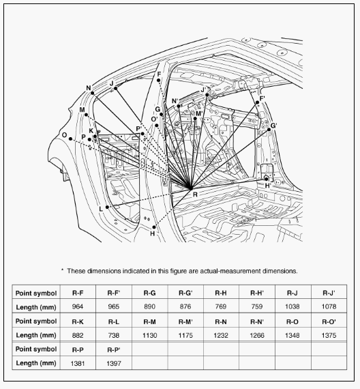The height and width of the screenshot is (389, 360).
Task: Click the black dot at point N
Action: (93, 93)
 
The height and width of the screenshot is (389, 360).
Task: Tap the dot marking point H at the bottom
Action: (154, 227)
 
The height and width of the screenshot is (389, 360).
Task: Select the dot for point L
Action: (107, 207)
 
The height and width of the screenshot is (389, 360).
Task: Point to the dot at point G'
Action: (269, 130)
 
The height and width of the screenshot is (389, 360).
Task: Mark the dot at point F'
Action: (257, 102)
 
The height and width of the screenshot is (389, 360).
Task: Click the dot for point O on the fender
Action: (71, 139)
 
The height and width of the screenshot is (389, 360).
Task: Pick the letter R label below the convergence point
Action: (195, 194)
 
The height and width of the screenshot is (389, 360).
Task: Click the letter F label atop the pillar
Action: (159, 74)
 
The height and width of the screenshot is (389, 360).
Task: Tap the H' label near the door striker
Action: (268, 186)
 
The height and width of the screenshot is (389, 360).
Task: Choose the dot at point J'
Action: (207, 95)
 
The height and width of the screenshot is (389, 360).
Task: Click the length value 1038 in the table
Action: (292, 306)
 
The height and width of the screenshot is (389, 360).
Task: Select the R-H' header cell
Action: (257, 293)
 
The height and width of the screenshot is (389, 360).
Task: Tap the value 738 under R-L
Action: (114, 335)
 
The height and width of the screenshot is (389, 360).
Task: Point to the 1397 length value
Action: (114, 364)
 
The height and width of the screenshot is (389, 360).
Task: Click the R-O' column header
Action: (329, 321)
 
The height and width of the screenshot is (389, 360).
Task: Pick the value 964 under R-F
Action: (78, 306)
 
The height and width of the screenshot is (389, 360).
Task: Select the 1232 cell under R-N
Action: (221, 335)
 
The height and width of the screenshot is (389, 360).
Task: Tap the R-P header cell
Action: (78, 350)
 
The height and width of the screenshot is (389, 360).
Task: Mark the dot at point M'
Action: (195, 119)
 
